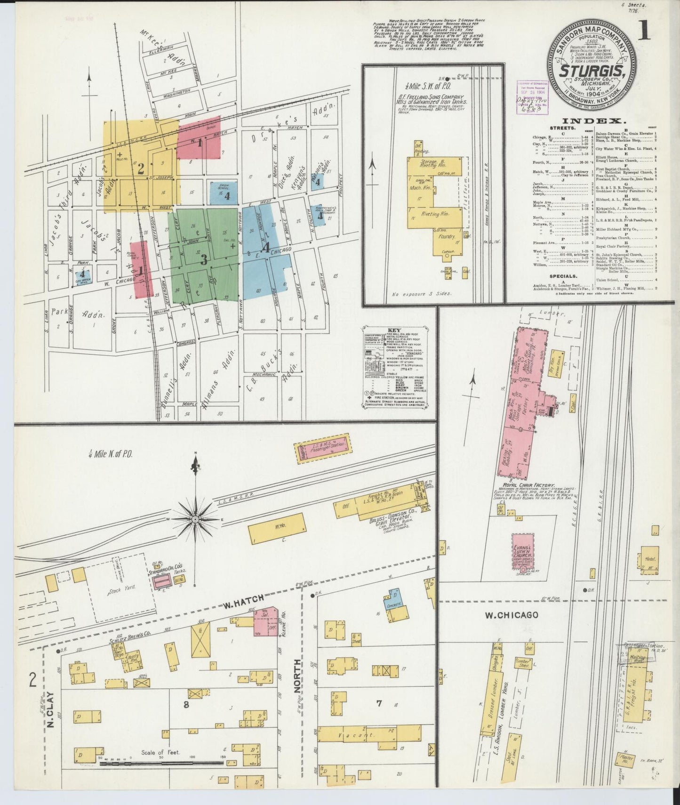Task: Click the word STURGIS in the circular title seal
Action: pyautogui.click(x=592, y=72)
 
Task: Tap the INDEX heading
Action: pyautogui.click(x=591, y=121)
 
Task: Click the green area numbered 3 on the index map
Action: pyautogui.click(x=203, y=259)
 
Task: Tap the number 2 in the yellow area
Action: pyautogui.click(x=140, y=169)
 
